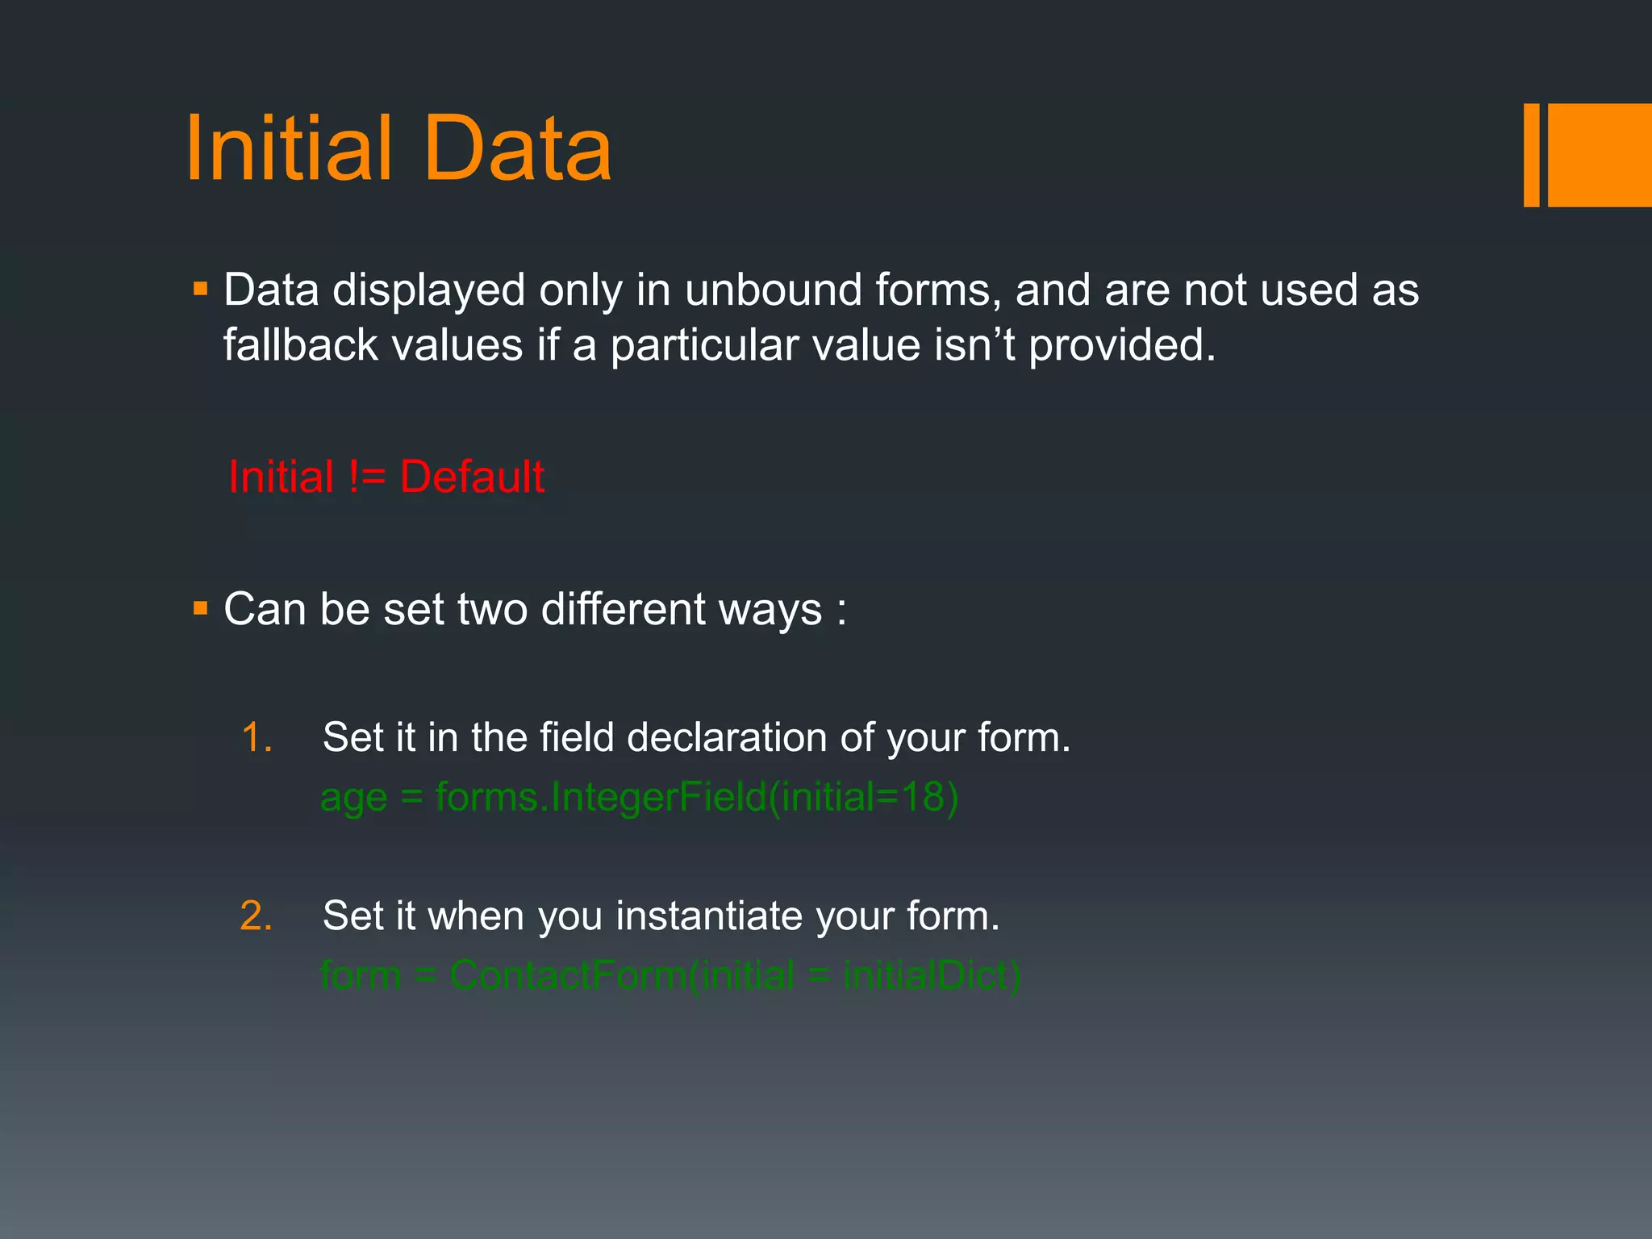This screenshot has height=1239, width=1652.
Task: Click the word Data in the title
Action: (517, 149)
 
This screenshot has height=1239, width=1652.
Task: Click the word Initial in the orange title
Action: (289, 149)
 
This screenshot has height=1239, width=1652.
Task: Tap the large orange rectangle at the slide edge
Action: (1599, 155)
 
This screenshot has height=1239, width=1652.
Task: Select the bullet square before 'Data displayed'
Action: (201, 288)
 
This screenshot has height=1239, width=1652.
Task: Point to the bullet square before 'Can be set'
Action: (201, 607)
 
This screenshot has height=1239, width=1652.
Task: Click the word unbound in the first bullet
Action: (774, 290)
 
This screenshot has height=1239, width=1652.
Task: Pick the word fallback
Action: (301, 345)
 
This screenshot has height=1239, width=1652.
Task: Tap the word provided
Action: (1121, 345)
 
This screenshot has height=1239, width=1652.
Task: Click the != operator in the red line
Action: (367, 477)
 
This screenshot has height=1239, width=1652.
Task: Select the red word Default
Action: (472, 477)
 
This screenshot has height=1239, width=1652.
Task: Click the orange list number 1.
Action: (257, 737)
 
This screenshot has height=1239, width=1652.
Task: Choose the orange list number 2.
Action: (257, 916)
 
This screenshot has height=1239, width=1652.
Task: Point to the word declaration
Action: (726, 737)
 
